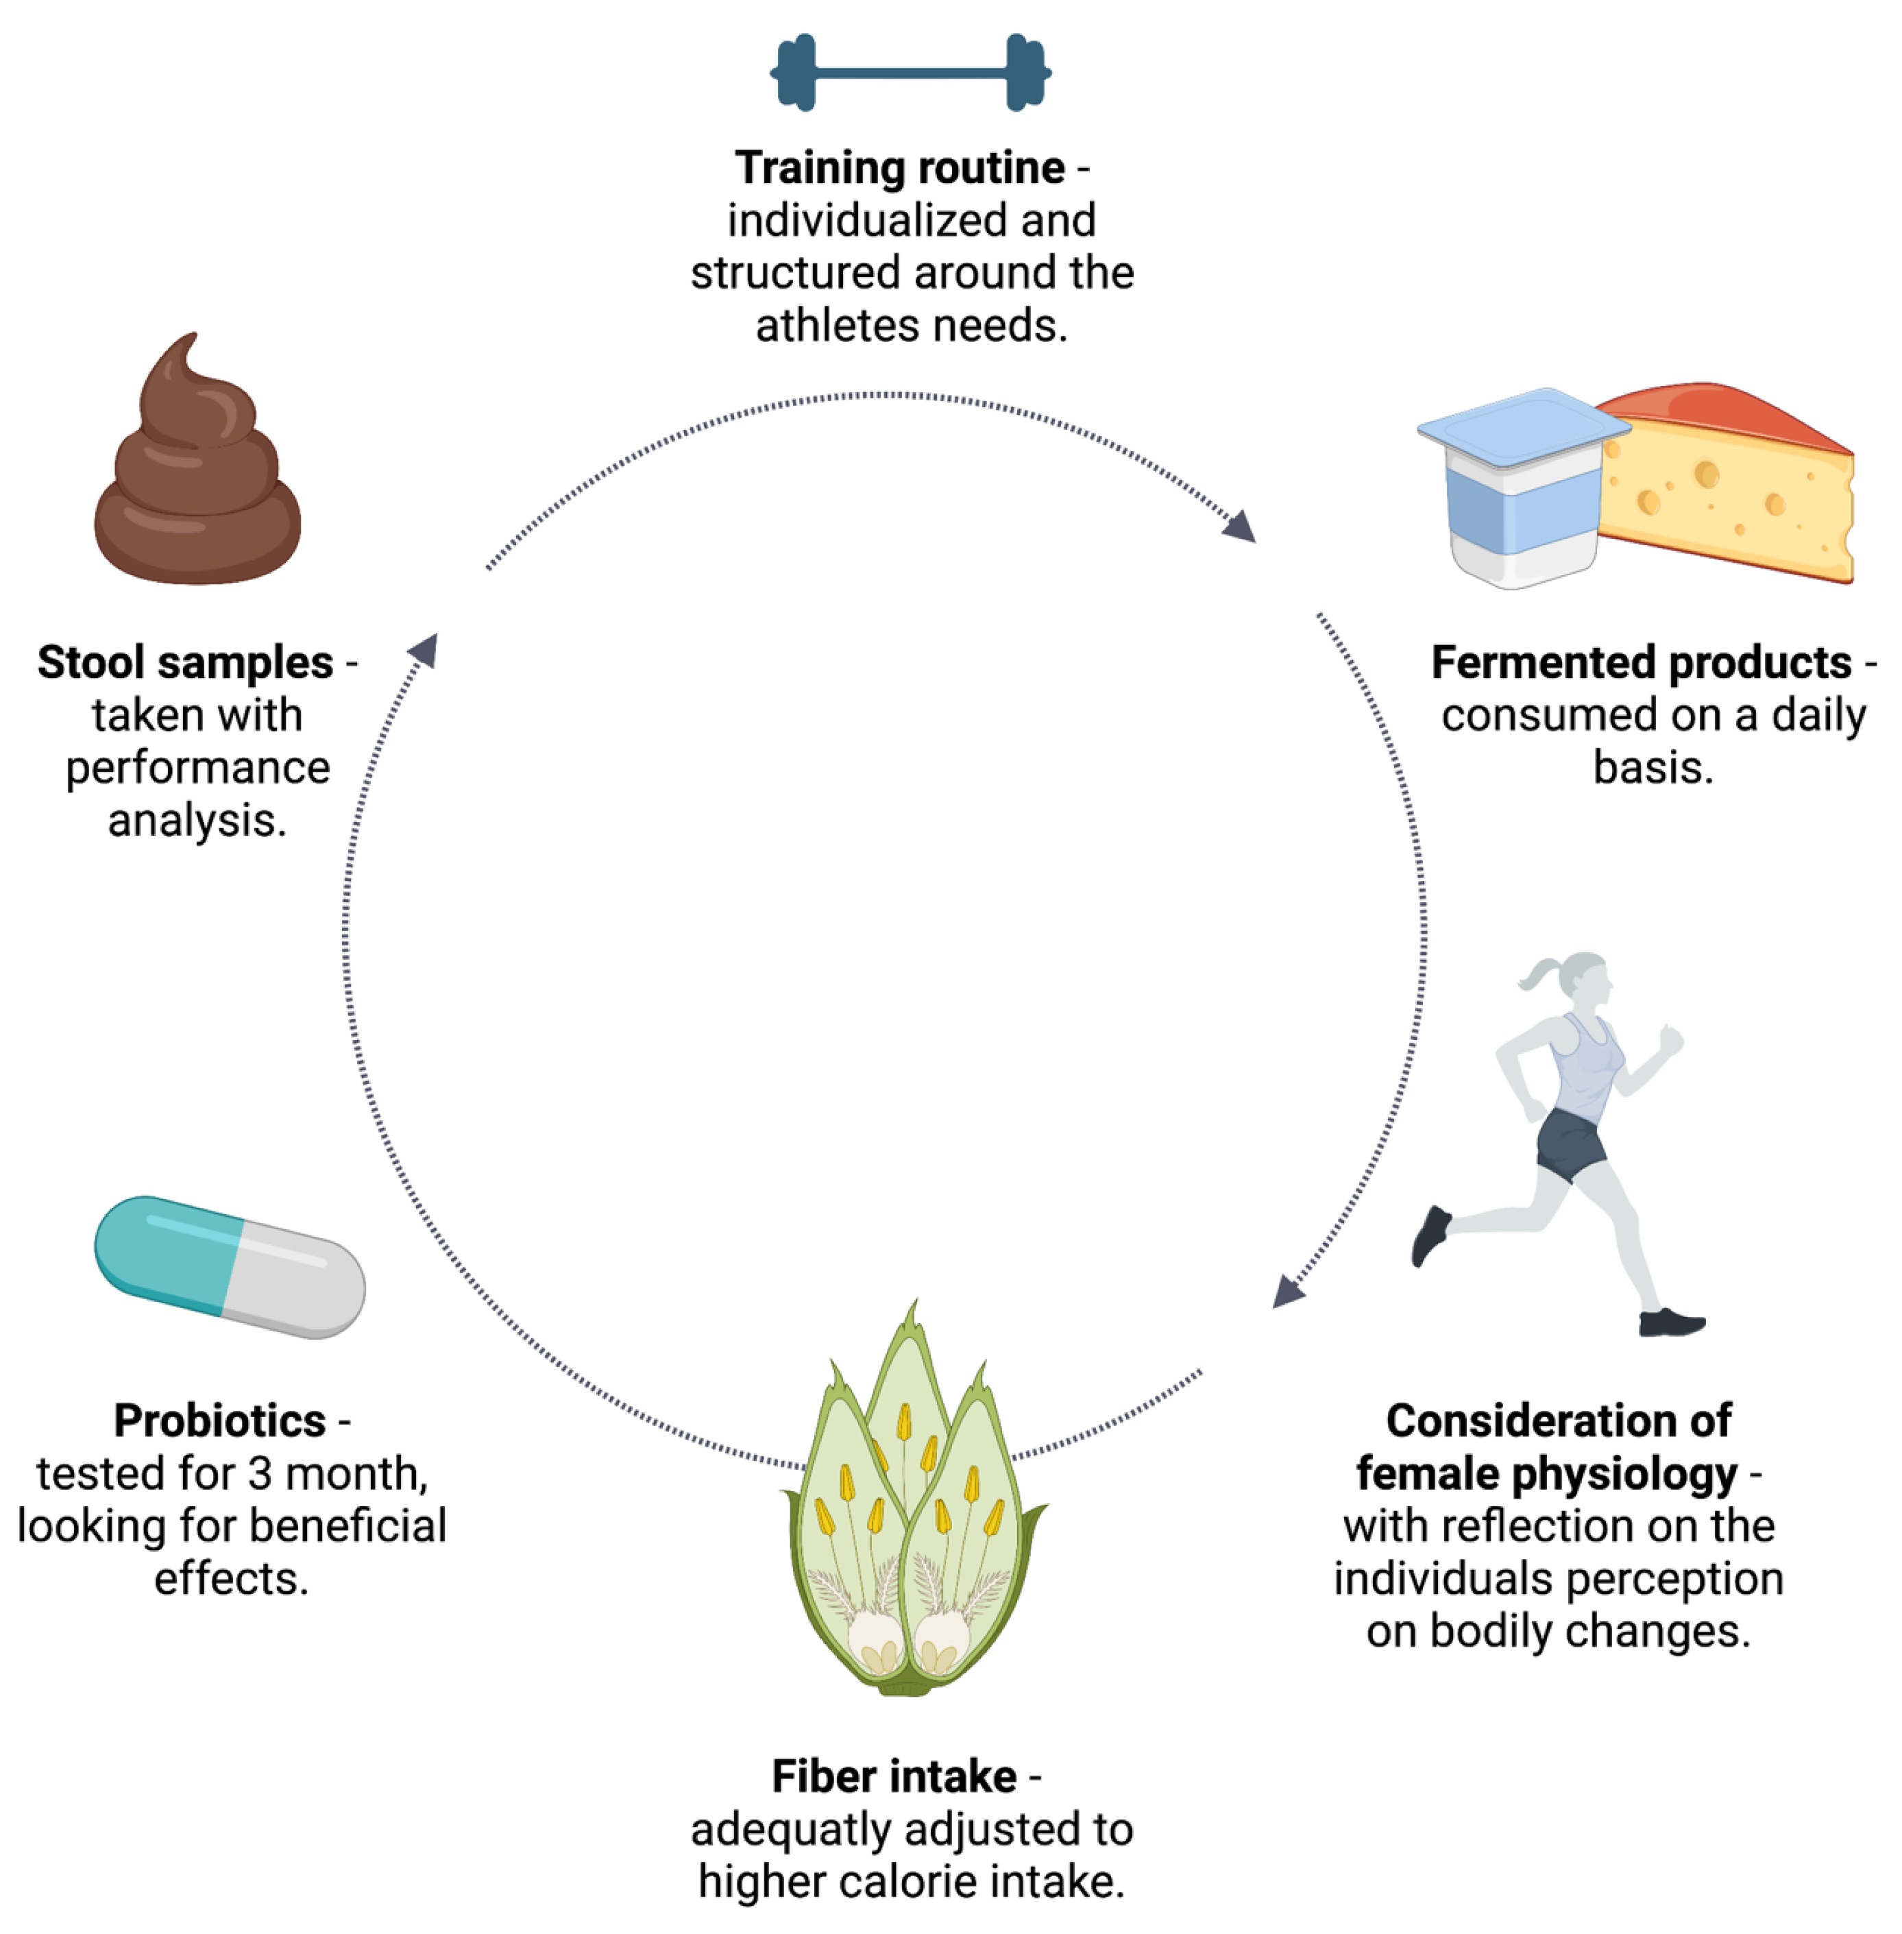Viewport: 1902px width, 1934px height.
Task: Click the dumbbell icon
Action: click(910, 72)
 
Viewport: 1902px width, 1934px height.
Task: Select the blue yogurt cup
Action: click(1518, 489)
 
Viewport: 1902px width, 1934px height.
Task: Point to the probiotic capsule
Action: click(230, 1267)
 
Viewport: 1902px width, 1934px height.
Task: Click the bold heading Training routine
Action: click(899, 168)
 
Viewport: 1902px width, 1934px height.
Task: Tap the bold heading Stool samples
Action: click(186, 662)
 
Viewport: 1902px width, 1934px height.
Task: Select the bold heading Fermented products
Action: click(1642, 662)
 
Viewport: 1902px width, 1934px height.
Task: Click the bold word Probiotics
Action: click(220, 1421)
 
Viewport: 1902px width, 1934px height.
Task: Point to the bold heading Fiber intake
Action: click(894, 1776)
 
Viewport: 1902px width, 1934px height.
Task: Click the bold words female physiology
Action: click(1546, 1473)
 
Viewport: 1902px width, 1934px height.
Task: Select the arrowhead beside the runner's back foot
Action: click(1288, 1292)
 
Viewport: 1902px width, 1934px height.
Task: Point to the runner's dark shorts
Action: click(1570, 1143)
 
